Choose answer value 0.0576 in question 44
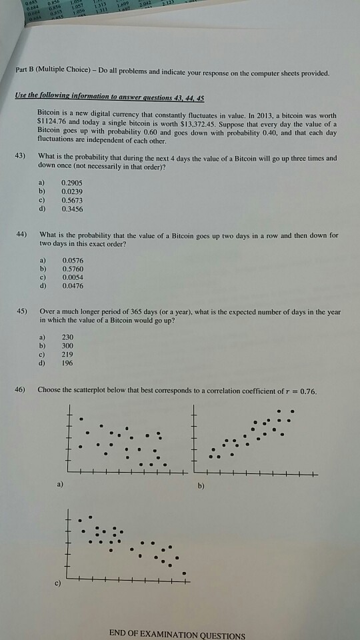[x=73, y=258]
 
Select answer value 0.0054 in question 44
[x=73, y=276]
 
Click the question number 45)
[x=21, y=311]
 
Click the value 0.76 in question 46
[x=311, y=390]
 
